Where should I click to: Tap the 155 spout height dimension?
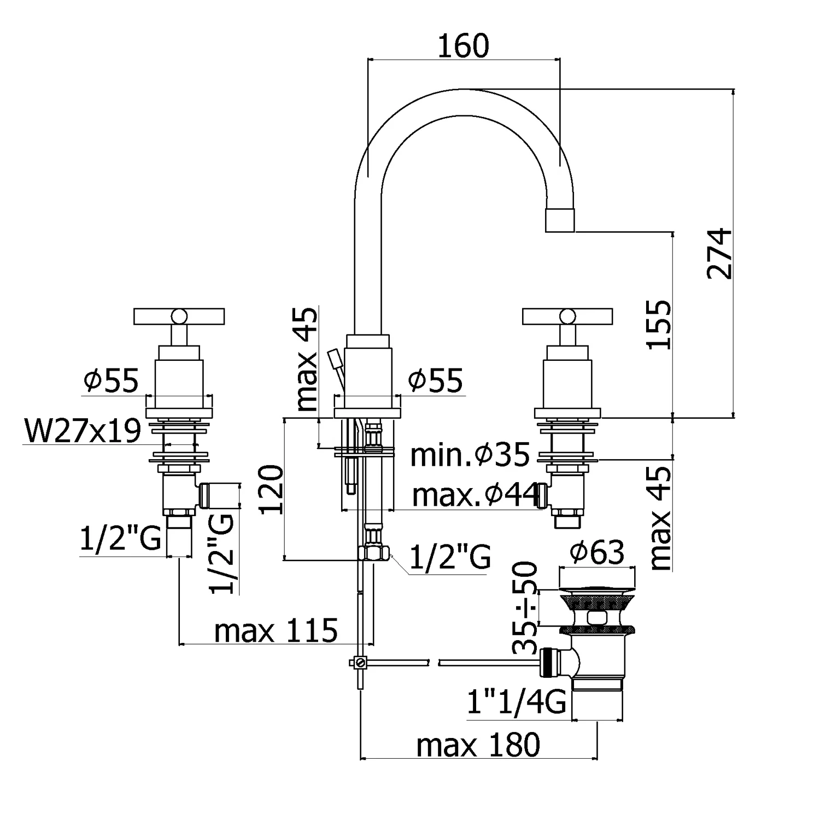coord(658,324)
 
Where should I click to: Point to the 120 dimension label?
coord(272,489)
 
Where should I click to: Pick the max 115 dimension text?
coord(276,631)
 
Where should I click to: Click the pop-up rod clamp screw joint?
coord(360,663)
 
